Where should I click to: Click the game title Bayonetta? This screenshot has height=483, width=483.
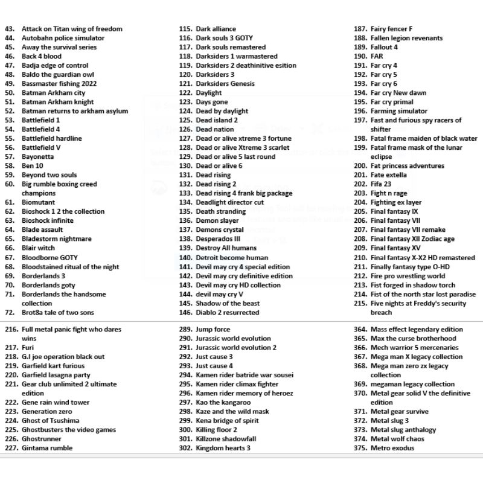tap(37, 156)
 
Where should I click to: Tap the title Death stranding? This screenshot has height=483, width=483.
tap(221, 211)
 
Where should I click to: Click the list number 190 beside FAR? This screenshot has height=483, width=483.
tap(360, 56)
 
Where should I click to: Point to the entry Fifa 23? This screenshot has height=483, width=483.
tap(381, 184)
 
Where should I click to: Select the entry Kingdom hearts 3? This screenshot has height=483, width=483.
tap(223, 448)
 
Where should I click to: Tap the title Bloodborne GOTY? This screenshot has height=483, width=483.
tap(50, 257)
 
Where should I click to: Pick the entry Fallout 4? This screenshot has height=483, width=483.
tap(384, 47)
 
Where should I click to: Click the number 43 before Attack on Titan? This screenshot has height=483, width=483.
tap(9, 28)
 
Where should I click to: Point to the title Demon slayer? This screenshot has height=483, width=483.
tap(217, 220)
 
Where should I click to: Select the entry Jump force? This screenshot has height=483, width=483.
tap(213, 329)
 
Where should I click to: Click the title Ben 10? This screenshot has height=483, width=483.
tap(32, 165)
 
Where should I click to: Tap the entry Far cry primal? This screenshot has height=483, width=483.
tap(392, 102)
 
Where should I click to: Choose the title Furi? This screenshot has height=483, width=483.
tap(28, 347)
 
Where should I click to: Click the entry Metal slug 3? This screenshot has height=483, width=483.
tap(389, 420)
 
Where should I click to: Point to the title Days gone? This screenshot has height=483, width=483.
tap(212, 102)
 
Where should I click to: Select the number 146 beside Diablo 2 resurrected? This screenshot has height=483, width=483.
tap(185, 312)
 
